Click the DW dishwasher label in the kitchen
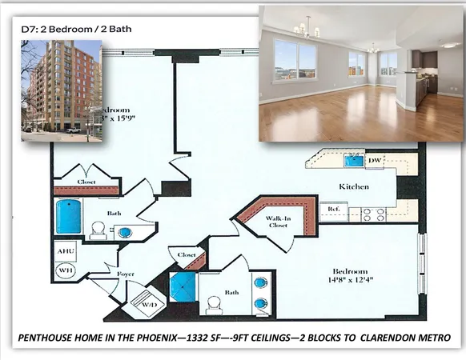pos(374,161)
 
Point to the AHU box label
pos(65,251)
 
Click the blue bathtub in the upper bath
pos(69,217)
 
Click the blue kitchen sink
pos(352,160)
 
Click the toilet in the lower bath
pos(213,304)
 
